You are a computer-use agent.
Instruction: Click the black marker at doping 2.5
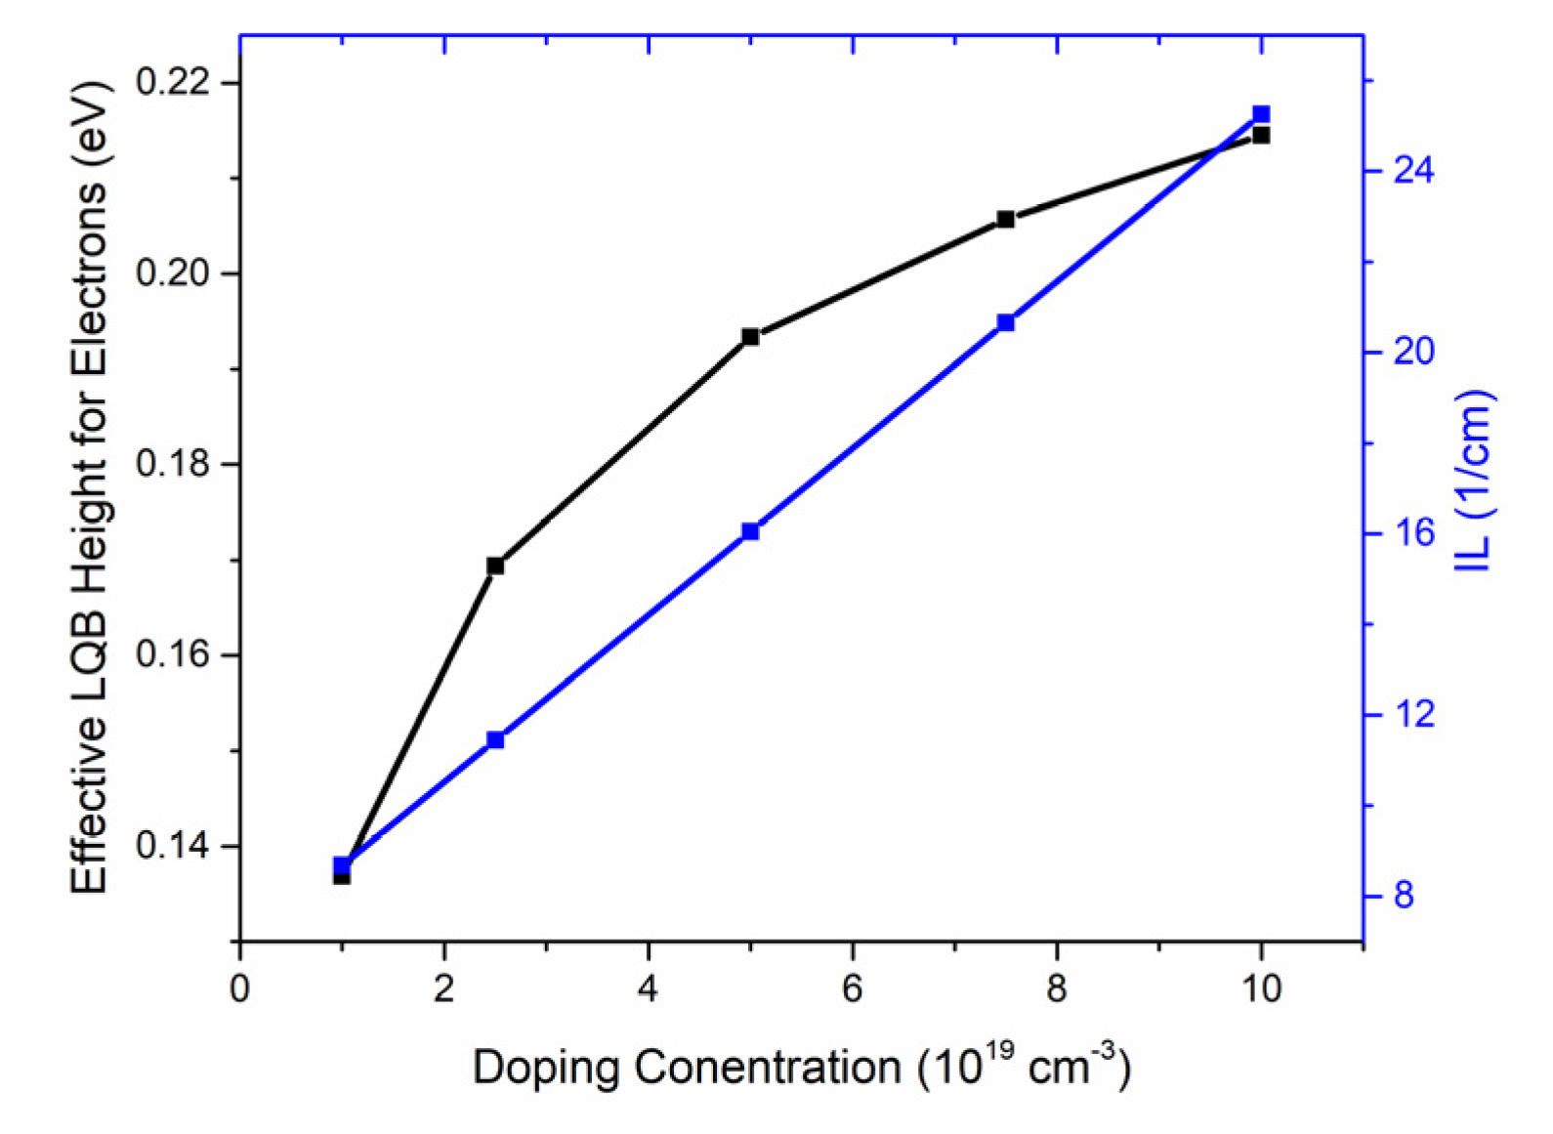pyautogui.click(x=495, y=566)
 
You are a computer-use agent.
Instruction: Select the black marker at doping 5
pyautogui.click(x=750, y=337)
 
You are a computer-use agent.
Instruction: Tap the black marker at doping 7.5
pyautogui.click(x=1005, y=219)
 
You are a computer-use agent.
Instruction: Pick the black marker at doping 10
pyautogui.click(x=1261, y=135)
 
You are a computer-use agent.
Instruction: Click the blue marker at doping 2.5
pyautogui.click(x=495, y=739)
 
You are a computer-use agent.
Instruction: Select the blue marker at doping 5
pyautogui.click(x=750, y=531)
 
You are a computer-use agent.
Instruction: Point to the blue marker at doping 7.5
pyautogui.click(x=1005, y=322)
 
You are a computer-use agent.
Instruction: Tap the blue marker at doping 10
pyautogui.click(x=1261, y=114)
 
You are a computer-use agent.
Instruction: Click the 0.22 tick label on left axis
pyautogui.click(x=173, y=82)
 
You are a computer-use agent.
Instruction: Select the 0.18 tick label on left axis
pyautogui.click(x=173, y=463)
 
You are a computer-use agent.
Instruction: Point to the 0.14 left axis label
pyautogui.click(x=173, y=845)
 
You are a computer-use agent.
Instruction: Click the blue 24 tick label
pyautogui.click(x=1413, y=171)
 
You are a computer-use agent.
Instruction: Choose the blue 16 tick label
pyautogui.click(x=1413, y=532)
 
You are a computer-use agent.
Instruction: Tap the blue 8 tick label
pyautogui.click(x=1404, y=895)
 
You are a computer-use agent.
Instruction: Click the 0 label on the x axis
pyautogui.click(x=239, y=988)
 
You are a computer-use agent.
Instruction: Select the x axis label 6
pyautogui.click(x=852, y=988)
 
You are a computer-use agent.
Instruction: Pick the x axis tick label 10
pyautogui.click(x=1261, y=988)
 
